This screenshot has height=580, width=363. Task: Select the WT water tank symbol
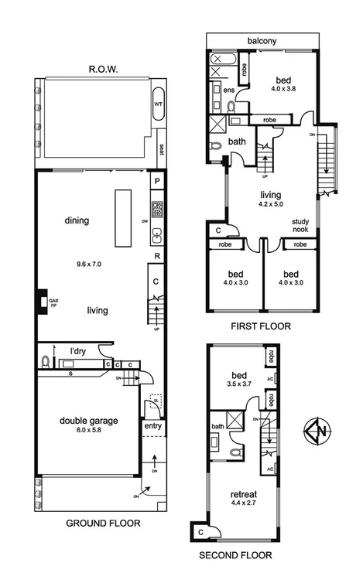click(x=159, y=103)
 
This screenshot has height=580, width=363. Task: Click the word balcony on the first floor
click(x=262, y=41)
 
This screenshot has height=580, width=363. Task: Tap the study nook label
click(x=300, y=225)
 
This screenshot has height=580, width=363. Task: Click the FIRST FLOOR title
click(x=261, y=326)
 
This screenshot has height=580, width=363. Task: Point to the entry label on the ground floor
click(x=152, y=425)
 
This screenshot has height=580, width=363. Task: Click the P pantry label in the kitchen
click(x=157, y=182)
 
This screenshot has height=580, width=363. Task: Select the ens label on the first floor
click(x=229, y=90)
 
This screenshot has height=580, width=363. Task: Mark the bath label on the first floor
click(x=237, y=142)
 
